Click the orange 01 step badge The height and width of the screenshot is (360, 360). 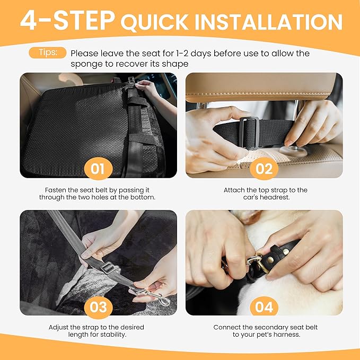(98, 169)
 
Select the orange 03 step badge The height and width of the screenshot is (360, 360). (98, 308)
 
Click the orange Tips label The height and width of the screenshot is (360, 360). (52, 53)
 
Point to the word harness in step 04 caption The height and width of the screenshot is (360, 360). (285, 335)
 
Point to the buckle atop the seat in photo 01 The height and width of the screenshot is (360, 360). (130, 81)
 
